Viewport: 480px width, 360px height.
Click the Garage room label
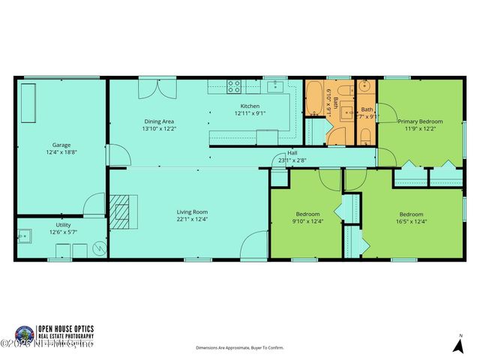click(61, 145)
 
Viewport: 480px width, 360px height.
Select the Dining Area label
click(159, 121)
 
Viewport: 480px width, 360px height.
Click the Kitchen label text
click(250, 106)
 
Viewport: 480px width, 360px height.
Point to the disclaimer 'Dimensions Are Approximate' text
click(240, 348)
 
